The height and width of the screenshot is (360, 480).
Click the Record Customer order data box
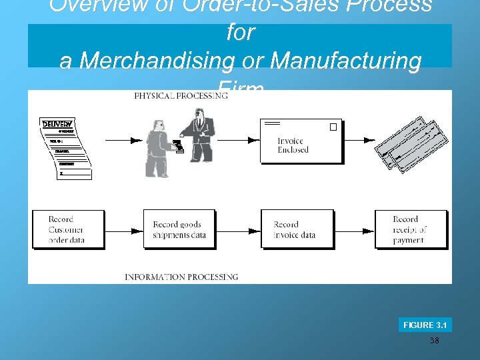[x=68, y=229]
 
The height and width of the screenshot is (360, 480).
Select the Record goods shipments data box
[x=179, y=229]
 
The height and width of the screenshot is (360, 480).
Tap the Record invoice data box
[x=297, y=229]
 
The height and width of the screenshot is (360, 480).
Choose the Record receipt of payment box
[x=410, y=229]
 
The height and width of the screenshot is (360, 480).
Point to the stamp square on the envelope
[x=333, y=127]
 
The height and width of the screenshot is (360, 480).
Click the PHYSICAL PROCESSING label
[x=180, y=96]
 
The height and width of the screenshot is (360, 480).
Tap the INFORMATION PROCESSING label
[x=181, y=277]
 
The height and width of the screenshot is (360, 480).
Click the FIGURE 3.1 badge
[x=425, y=325]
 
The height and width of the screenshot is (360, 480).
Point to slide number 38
[x=434, y=341]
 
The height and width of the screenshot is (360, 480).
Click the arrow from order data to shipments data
[x=124, y=231]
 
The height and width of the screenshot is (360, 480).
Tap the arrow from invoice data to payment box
[x=354, y=231]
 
